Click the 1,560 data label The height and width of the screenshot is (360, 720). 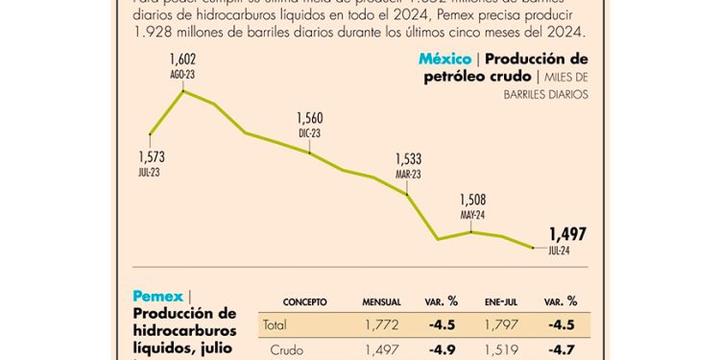point(310,118)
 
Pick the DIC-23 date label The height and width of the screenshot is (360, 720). point(310,132)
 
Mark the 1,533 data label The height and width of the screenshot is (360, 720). point(408,159)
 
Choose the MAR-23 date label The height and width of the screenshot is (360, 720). point(408,174)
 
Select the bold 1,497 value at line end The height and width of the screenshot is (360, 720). point(567,234)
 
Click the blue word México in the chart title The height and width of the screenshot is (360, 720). point(444,60)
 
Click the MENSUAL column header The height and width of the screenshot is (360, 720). point(381,300)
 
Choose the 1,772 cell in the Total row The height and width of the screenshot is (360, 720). point(381,324)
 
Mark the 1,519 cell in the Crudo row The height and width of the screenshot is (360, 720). point(499,351)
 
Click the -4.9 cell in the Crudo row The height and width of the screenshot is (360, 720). point(442,351)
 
